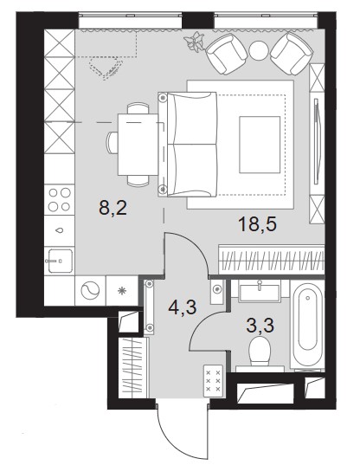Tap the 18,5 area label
257,223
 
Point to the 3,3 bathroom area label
260,326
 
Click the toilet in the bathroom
260,353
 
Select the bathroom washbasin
260,292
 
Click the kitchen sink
61,261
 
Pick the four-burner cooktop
59,200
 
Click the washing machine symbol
90,291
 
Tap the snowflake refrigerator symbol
122,291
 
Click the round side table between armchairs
259,50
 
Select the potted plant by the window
195,42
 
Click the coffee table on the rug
260,145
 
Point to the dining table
138,145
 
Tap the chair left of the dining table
112,143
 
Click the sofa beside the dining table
188,145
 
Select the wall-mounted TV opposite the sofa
317,141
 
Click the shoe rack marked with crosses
213,381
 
